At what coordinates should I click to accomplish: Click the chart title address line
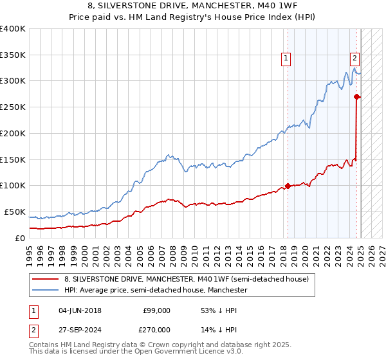(x=194, y=5)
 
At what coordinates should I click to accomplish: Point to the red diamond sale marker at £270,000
(x=357, y=97)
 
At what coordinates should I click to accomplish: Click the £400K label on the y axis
(x=12, y=29)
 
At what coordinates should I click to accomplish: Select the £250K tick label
(x=12, y=107)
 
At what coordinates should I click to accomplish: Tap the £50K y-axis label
(x=15, y=212)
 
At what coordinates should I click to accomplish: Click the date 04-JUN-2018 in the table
(x=80, y=310)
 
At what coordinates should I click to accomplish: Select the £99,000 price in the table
(x=156, y=310)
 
